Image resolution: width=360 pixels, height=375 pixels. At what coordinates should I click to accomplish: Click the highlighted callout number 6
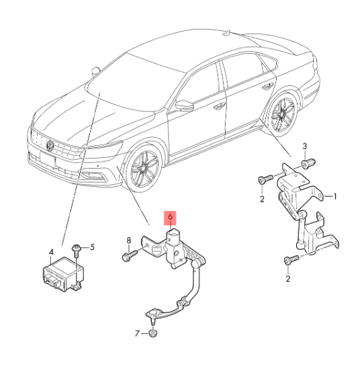[170, 218]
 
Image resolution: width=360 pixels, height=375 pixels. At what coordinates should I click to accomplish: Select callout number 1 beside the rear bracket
[334, 197]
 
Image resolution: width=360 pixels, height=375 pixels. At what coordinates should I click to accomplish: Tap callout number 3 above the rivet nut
[304, 147]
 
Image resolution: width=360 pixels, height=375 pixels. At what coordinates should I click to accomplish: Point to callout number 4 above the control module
[51, 252]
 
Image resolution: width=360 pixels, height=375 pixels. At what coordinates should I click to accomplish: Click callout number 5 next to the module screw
[92, 247]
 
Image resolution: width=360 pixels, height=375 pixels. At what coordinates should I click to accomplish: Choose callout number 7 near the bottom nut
[137, 333]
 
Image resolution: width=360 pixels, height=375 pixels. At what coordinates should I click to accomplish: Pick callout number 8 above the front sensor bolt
[129, 241]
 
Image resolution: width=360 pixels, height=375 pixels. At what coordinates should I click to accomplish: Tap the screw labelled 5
[77, 250]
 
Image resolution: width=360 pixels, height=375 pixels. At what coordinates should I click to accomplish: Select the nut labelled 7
[153, 333]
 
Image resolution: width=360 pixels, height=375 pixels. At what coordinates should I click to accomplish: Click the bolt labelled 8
[130, 255]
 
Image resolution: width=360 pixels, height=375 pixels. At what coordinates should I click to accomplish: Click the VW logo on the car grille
[50, 145]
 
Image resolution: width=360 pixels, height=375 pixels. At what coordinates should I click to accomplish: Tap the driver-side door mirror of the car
[185, 106]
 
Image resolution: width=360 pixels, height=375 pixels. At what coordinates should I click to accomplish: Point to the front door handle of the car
[219, 106]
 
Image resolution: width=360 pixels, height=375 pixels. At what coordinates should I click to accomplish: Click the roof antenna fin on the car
[226, 33]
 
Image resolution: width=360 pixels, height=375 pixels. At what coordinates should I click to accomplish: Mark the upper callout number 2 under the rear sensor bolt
[262, 199]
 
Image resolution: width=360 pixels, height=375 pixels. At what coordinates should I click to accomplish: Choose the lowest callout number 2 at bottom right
[288, 279]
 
